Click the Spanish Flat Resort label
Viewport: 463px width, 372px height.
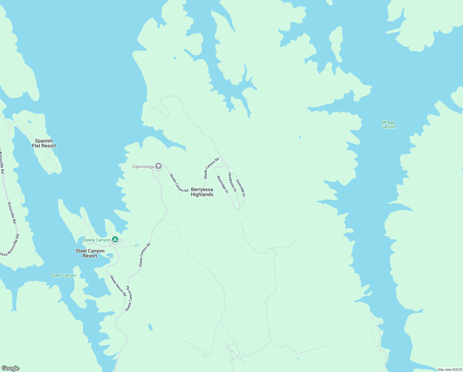pyautogui.click(x=44, y=143)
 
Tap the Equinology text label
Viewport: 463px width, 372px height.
pyautogui.click(x=143, y=167)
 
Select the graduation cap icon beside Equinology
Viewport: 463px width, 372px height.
pyautogui.click(x=158, y=166)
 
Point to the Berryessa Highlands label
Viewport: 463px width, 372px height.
pyautogui.click(x=202, y=192)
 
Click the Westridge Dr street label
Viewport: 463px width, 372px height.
pyautogui.click(x=223, y=184)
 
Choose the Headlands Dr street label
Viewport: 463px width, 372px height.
pyautogui.click(x=232, y=182)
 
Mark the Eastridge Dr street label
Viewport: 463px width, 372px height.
pyautogui.click(x=240, y=188)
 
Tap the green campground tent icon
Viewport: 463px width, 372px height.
pyautogui.click(x=115, y=240)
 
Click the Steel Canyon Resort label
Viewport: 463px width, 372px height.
pyautogui.click(x=90, y=253)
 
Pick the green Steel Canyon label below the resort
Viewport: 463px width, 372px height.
pyautogui.click(x=64, y=275)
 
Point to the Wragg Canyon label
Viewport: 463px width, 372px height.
pyautogui.click(x=388, y=124)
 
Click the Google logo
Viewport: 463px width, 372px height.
pyautogui.click(x=11, y=368)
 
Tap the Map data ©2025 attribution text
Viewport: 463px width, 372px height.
pyautogui.click(x=450, y=370)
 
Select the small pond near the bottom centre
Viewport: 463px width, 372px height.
pyautogui.click(x=150, y=327)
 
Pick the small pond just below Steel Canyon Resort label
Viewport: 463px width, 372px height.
pyautogui.click(x=109, y=256)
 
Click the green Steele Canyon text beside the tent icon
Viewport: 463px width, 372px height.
pyautogui.click(x=97, y=240)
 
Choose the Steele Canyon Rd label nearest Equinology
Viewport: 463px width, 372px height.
pyautogui.click(x=179, y=183)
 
